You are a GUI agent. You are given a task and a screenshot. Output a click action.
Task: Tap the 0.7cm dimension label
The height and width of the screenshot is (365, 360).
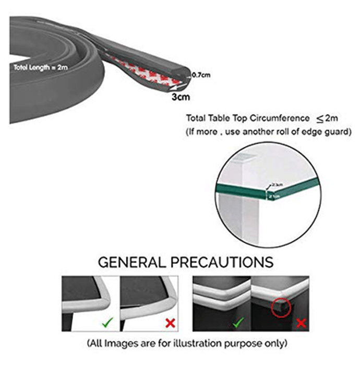(x=201, y=75)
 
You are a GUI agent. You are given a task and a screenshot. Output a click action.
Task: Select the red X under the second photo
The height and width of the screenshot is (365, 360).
(x=170, y=323)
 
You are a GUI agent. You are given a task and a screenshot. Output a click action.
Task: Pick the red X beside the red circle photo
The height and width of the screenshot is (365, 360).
(x=301, y=323)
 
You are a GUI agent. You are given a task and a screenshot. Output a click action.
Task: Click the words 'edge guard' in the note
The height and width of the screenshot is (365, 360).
(x=331, y=132)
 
